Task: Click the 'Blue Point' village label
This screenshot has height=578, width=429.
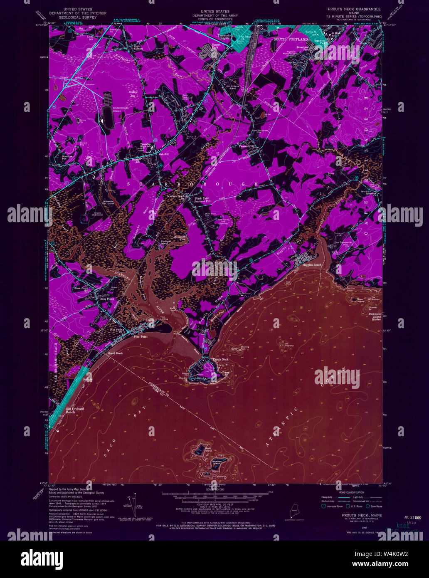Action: [x=107, y=299]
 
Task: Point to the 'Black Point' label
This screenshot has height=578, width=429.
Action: [x=204, y=199]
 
